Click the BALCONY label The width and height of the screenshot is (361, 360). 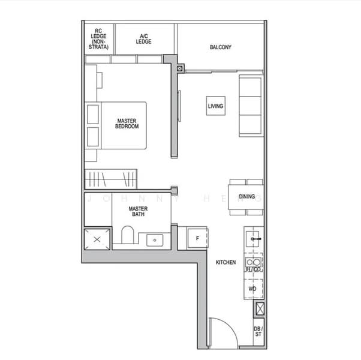pyautogui.click(x=220, y=47)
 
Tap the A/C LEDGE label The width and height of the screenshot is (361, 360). pyautogui.click(x=143, y=38)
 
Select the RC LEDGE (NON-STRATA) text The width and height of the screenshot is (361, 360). pyautogui.click(x=98, y=38)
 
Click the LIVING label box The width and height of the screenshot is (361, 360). pyautogui.click(x=215, y=106)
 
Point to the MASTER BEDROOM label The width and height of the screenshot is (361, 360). pyautogui.click(x=127, y=124)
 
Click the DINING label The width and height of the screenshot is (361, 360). pyautogui.click(x=246, y=196)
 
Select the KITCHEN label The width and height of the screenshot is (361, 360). pyautogui.click(x=225, y=263)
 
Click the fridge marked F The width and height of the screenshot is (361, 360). pyautogui.click(x=197, y=238)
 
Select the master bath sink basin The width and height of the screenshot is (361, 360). pyautogui.click(x=155, y=239)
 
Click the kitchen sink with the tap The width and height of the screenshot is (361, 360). pyautogui.click(x=254, y=238)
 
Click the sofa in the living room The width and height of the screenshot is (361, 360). pyautogui.click(x=251, y=105)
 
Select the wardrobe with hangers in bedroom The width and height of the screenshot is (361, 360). pyautogui.click(x=111, y=178)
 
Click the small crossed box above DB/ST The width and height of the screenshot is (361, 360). pyautogui.click(x=259, y=310)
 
